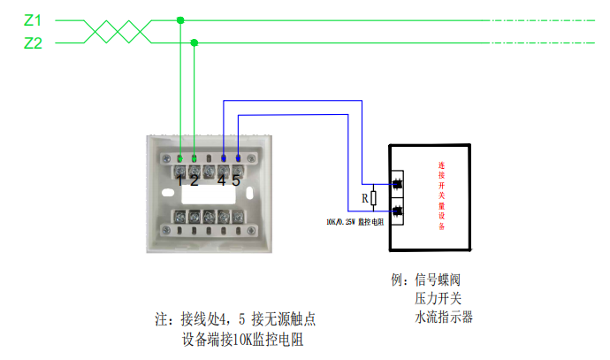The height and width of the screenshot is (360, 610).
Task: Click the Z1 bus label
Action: click(x=33, y=19)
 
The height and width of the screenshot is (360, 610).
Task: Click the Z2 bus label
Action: click(x=33, y=42)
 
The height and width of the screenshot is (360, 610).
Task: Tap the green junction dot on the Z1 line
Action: click(x=180, y=19)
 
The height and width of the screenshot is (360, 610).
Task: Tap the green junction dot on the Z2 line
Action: click(x=194, y=42)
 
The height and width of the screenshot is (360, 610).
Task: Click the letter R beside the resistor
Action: click(x=363, y=199)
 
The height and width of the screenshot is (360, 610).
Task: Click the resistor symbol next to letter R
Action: click(x=373, y=199)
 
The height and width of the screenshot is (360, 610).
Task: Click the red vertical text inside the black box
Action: click(x=441, y=195)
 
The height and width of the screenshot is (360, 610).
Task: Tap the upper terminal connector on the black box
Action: click(x=397, y=184)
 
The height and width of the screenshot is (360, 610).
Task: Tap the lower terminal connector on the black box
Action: click(x=397, y=211)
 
